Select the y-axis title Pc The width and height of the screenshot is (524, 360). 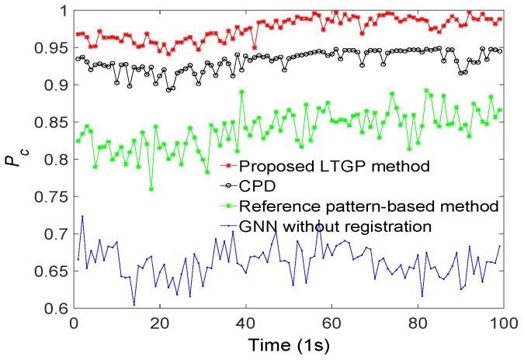(x=19, y=159)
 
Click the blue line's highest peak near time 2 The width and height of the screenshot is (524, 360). (x=82, y=216)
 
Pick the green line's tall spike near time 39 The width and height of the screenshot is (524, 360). (x=242, y=92)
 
